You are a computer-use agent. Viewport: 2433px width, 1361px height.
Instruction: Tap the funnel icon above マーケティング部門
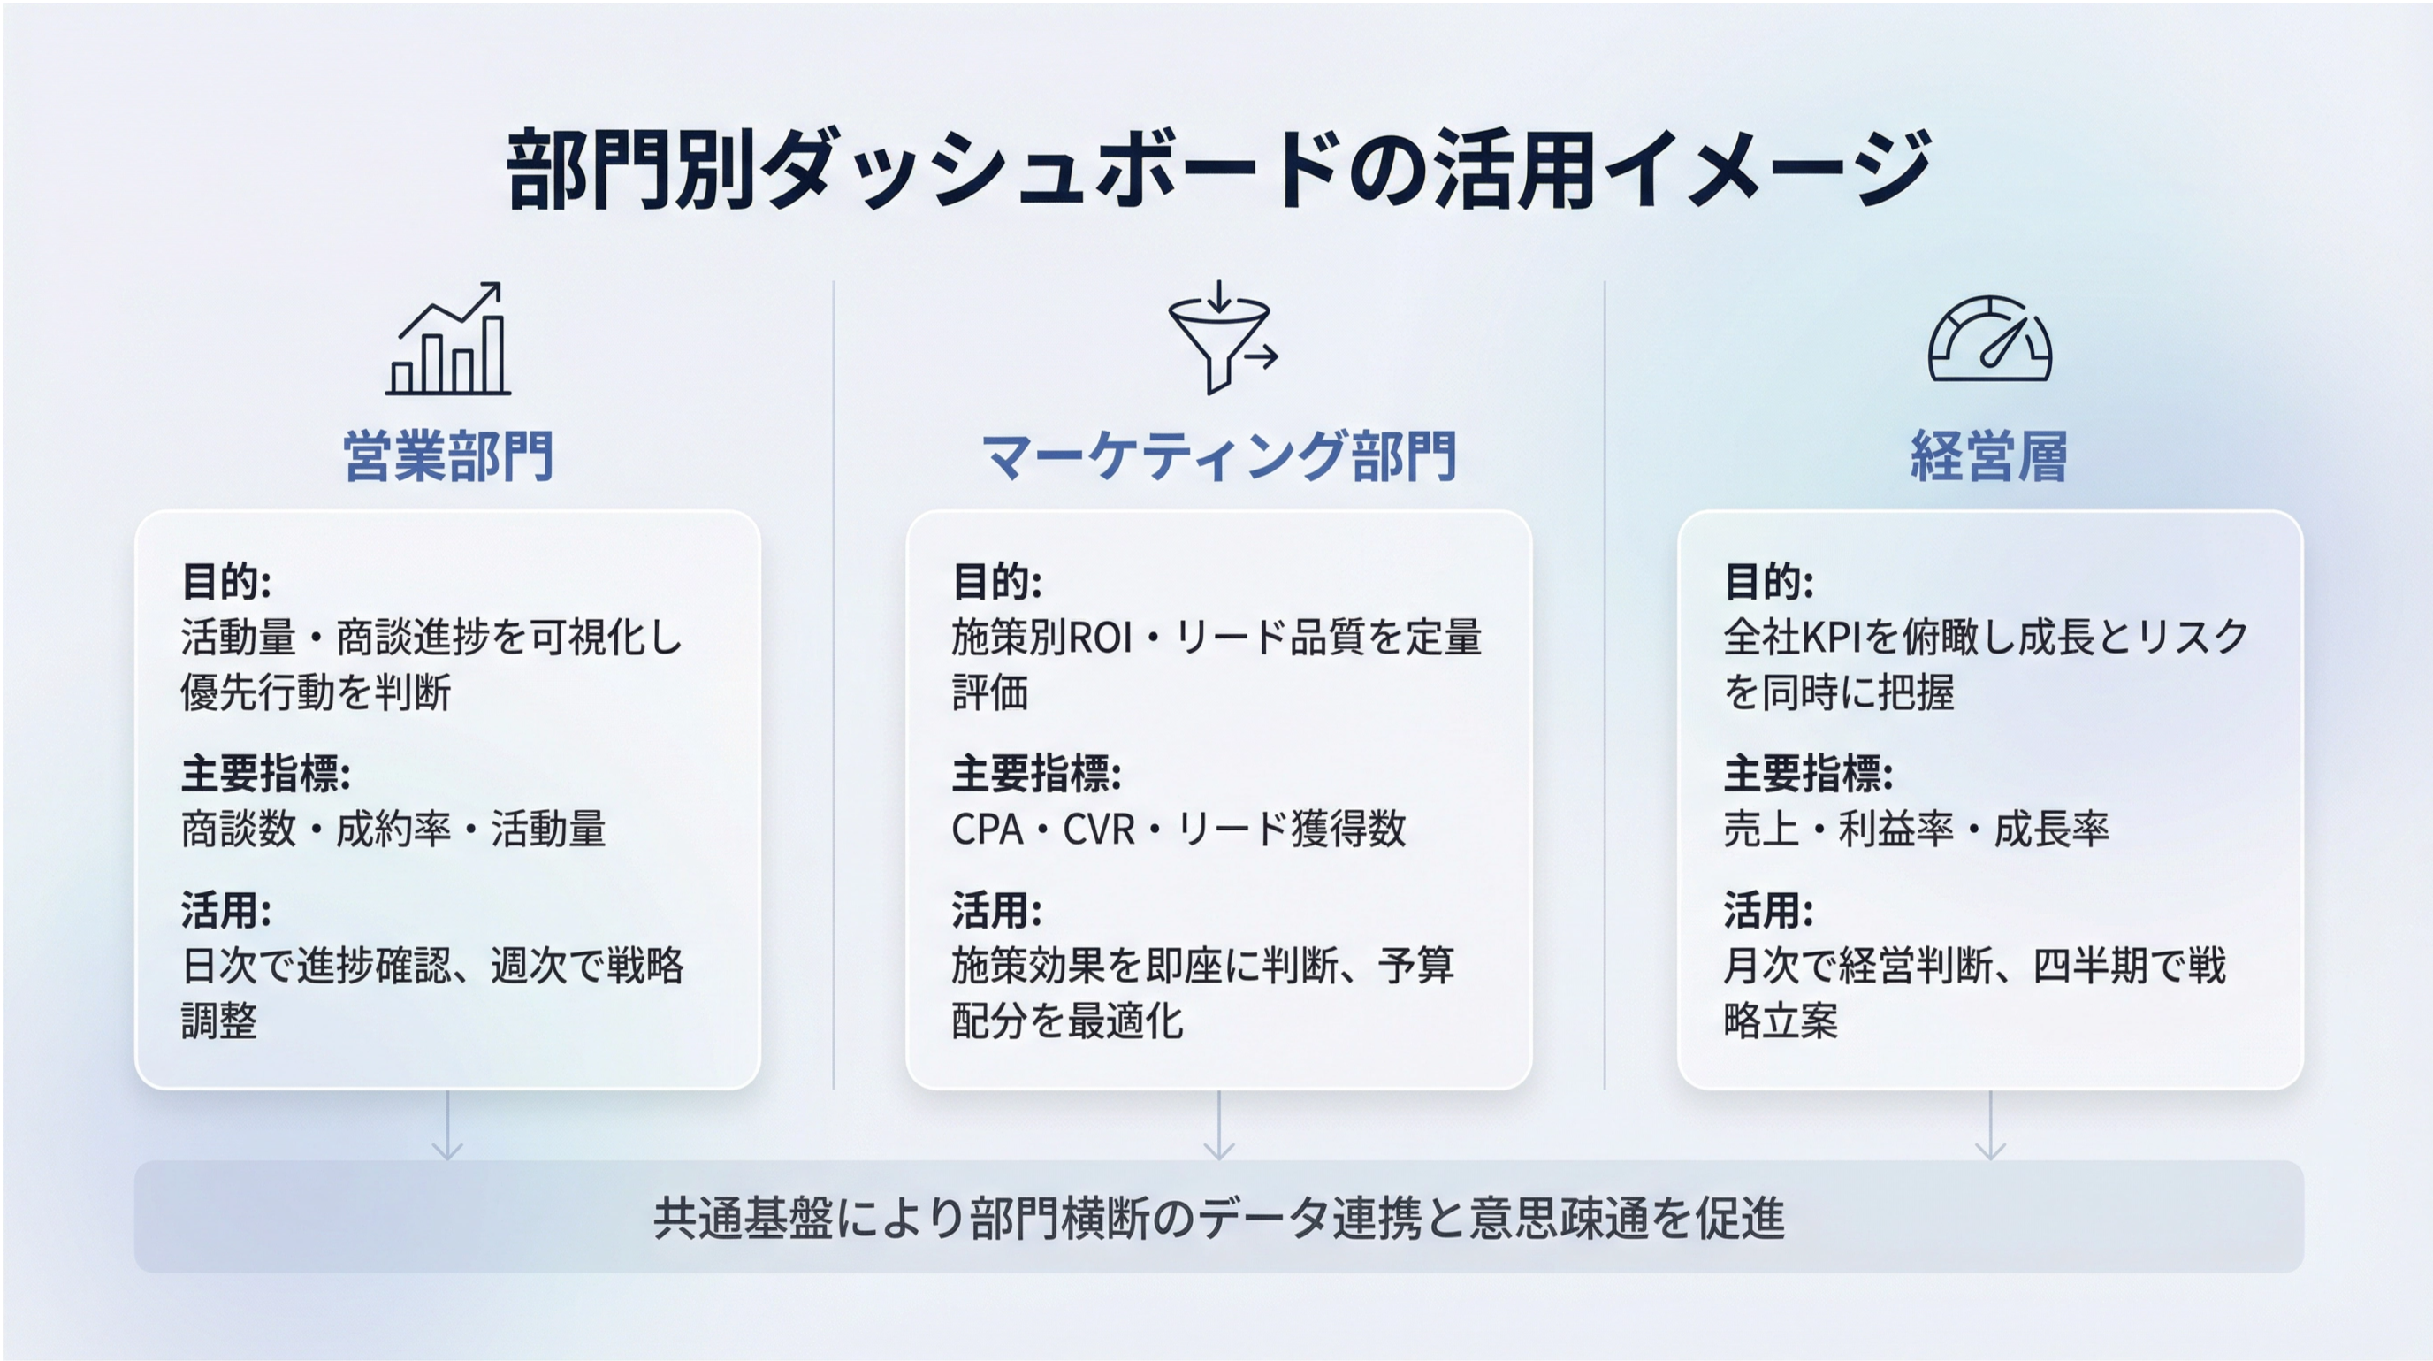pos(1221,337)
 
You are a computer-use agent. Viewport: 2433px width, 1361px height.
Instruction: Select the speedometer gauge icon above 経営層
pos(1989,339)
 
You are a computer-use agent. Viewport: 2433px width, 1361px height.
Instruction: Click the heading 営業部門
pos(447,456)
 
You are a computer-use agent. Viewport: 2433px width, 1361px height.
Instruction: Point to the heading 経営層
pos(1989,456)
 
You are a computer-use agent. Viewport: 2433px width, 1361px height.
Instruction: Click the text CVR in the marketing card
pos(1098,830)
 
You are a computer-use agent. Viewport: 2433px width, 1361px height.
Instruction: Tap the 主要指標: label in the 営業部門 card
pos(266,774)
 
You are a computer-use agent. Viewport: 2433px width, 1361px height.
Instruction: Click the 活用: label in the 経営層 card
pos(1769,911)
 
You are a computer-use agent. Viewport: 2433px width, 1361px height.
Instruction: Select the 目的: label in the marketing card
pos(997,581)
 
